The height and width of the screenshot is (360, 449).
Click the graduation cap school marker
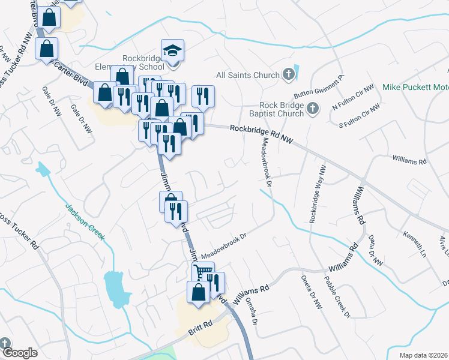(173, 50)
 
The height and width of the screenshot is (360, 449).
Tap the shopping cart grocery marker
(203, 274)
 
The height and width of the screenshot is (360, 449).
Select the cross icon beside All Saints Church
(289, 75)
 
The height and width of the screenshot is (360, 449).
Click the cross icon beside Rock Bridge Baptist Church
(312, 108)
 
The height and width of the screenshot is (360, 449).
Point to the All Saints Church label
(248, 76)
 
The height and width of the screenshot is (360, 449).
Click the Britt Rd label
(200, 325)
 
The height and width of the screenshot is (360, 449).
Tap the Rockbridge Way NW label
(317, 194)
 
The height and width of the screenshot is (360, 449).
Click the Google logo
(19, 353)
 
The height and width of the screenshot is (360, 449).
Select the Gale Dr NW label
(52, 101)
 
